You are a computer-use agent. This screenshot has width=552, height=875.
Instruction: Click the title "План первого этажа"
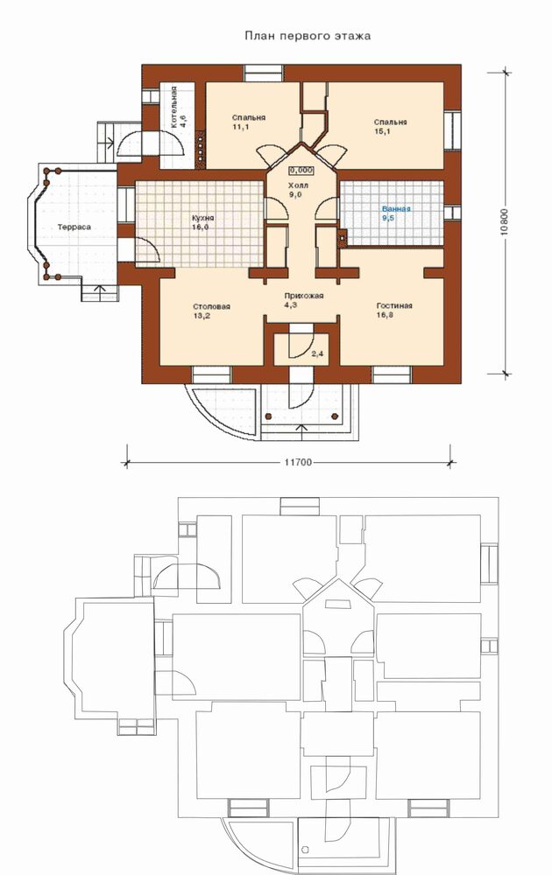point(308,36)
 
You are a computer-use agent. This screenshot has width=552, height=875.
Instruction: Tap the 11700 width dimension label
point(298,463)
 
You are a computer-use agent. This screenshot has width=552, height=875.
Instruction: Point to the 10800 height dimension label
point(505,223)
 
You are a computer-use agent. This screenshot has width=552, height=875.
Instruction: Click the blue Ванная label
point(396,209)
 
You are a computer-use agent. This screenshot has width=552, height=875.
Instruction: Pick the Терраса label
point(74,227)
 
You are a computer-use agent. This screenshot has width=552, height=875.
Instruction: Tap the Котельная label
point(174,108)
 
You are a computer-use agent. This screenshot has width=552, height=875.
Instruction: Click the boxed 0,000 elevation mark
point(301,171)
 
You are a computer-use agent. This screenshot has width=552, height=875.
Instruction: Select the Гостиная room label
point(394,305)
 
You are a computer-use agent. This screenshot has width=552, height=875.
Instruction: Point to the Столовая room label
point(212,307)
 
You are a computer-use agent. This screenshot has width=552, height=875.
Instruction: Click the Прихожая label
point(304,296)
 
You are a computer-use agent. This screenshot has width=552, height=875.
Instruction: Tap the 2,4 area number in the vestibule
point(317,353)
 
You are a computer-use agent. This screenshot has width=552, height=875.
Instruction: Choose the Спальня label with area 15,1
point(391,122)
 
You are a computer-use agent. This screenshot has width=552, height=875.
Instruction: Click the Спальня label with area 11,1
point(249,118)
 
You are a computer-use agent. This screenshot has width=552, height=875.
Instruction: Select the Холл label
point(301,185)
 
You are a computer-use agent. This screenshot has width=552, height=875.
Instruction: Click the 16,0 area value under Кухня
point(199,227)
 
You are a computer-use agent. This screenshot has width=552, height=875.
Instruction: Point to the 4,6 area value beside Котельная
point(183,122)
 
